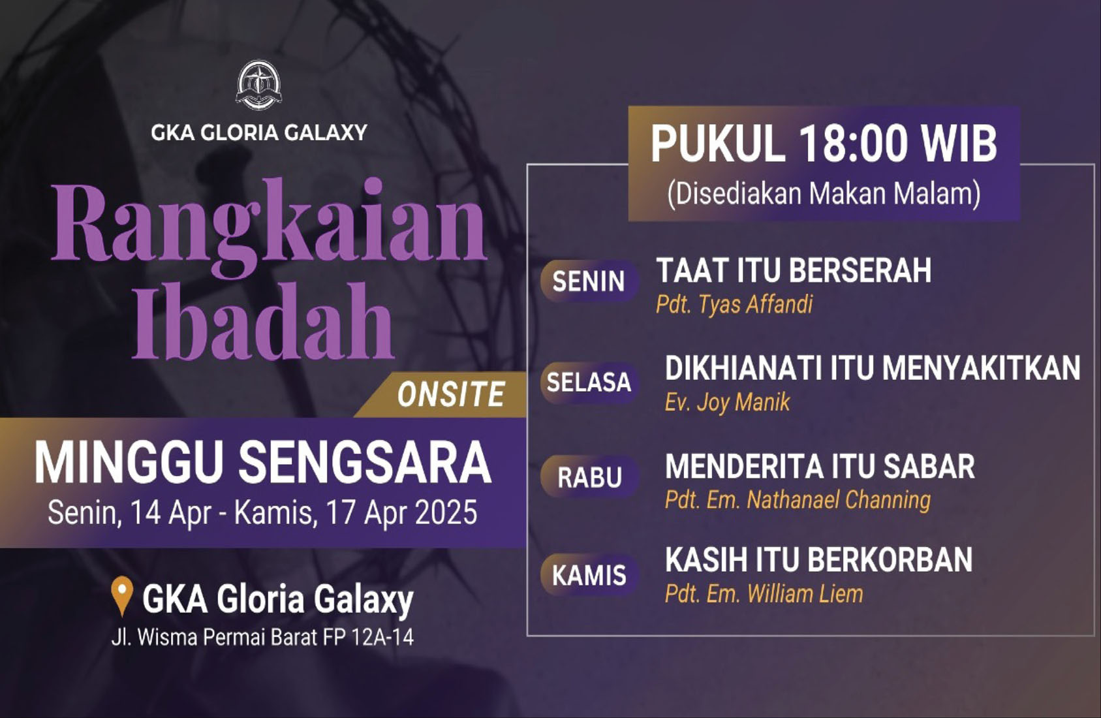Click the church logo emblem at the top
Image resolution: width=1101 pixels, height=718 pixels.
pos(259,85)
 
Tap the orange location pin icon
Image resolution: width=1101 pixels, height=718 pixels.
pos(122,596)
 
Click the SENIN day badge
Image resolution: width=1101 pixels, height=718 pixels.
pos(588,281)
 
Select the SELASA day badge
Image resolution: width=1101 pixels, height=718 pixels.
pos(589,382)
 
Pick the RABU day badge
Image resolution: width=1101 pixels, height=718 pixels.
pos(589,478)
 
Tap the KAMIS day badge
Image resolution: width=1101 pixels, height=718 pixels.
pos(589,576)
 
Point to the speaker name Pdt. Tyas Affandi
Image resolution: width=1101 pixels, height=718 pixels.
pos(734,304)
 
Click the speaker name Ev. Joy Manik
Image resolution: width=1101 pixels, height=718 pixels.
pos(728,402)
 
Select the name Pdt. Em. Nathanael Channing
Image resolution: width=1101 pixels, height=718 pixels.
pos(798,500)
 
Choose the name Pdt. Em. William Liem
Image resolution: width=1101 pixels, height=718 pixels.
pos(764,594)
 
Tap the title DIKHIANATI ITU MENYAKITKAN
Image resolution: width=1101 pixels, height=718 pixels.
pos(873,368)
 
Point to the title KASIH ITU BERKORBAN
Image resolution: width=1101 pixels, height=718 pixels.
pos(818,560)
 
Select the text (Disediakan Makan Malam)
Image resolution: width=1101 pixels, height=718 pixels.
pos(824,194)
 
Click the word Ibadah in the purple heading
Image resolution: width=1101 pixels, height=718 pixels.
pos(263,321)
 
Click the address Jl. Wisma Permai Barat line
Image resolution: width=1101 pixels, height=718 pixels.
pos(262,638)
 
